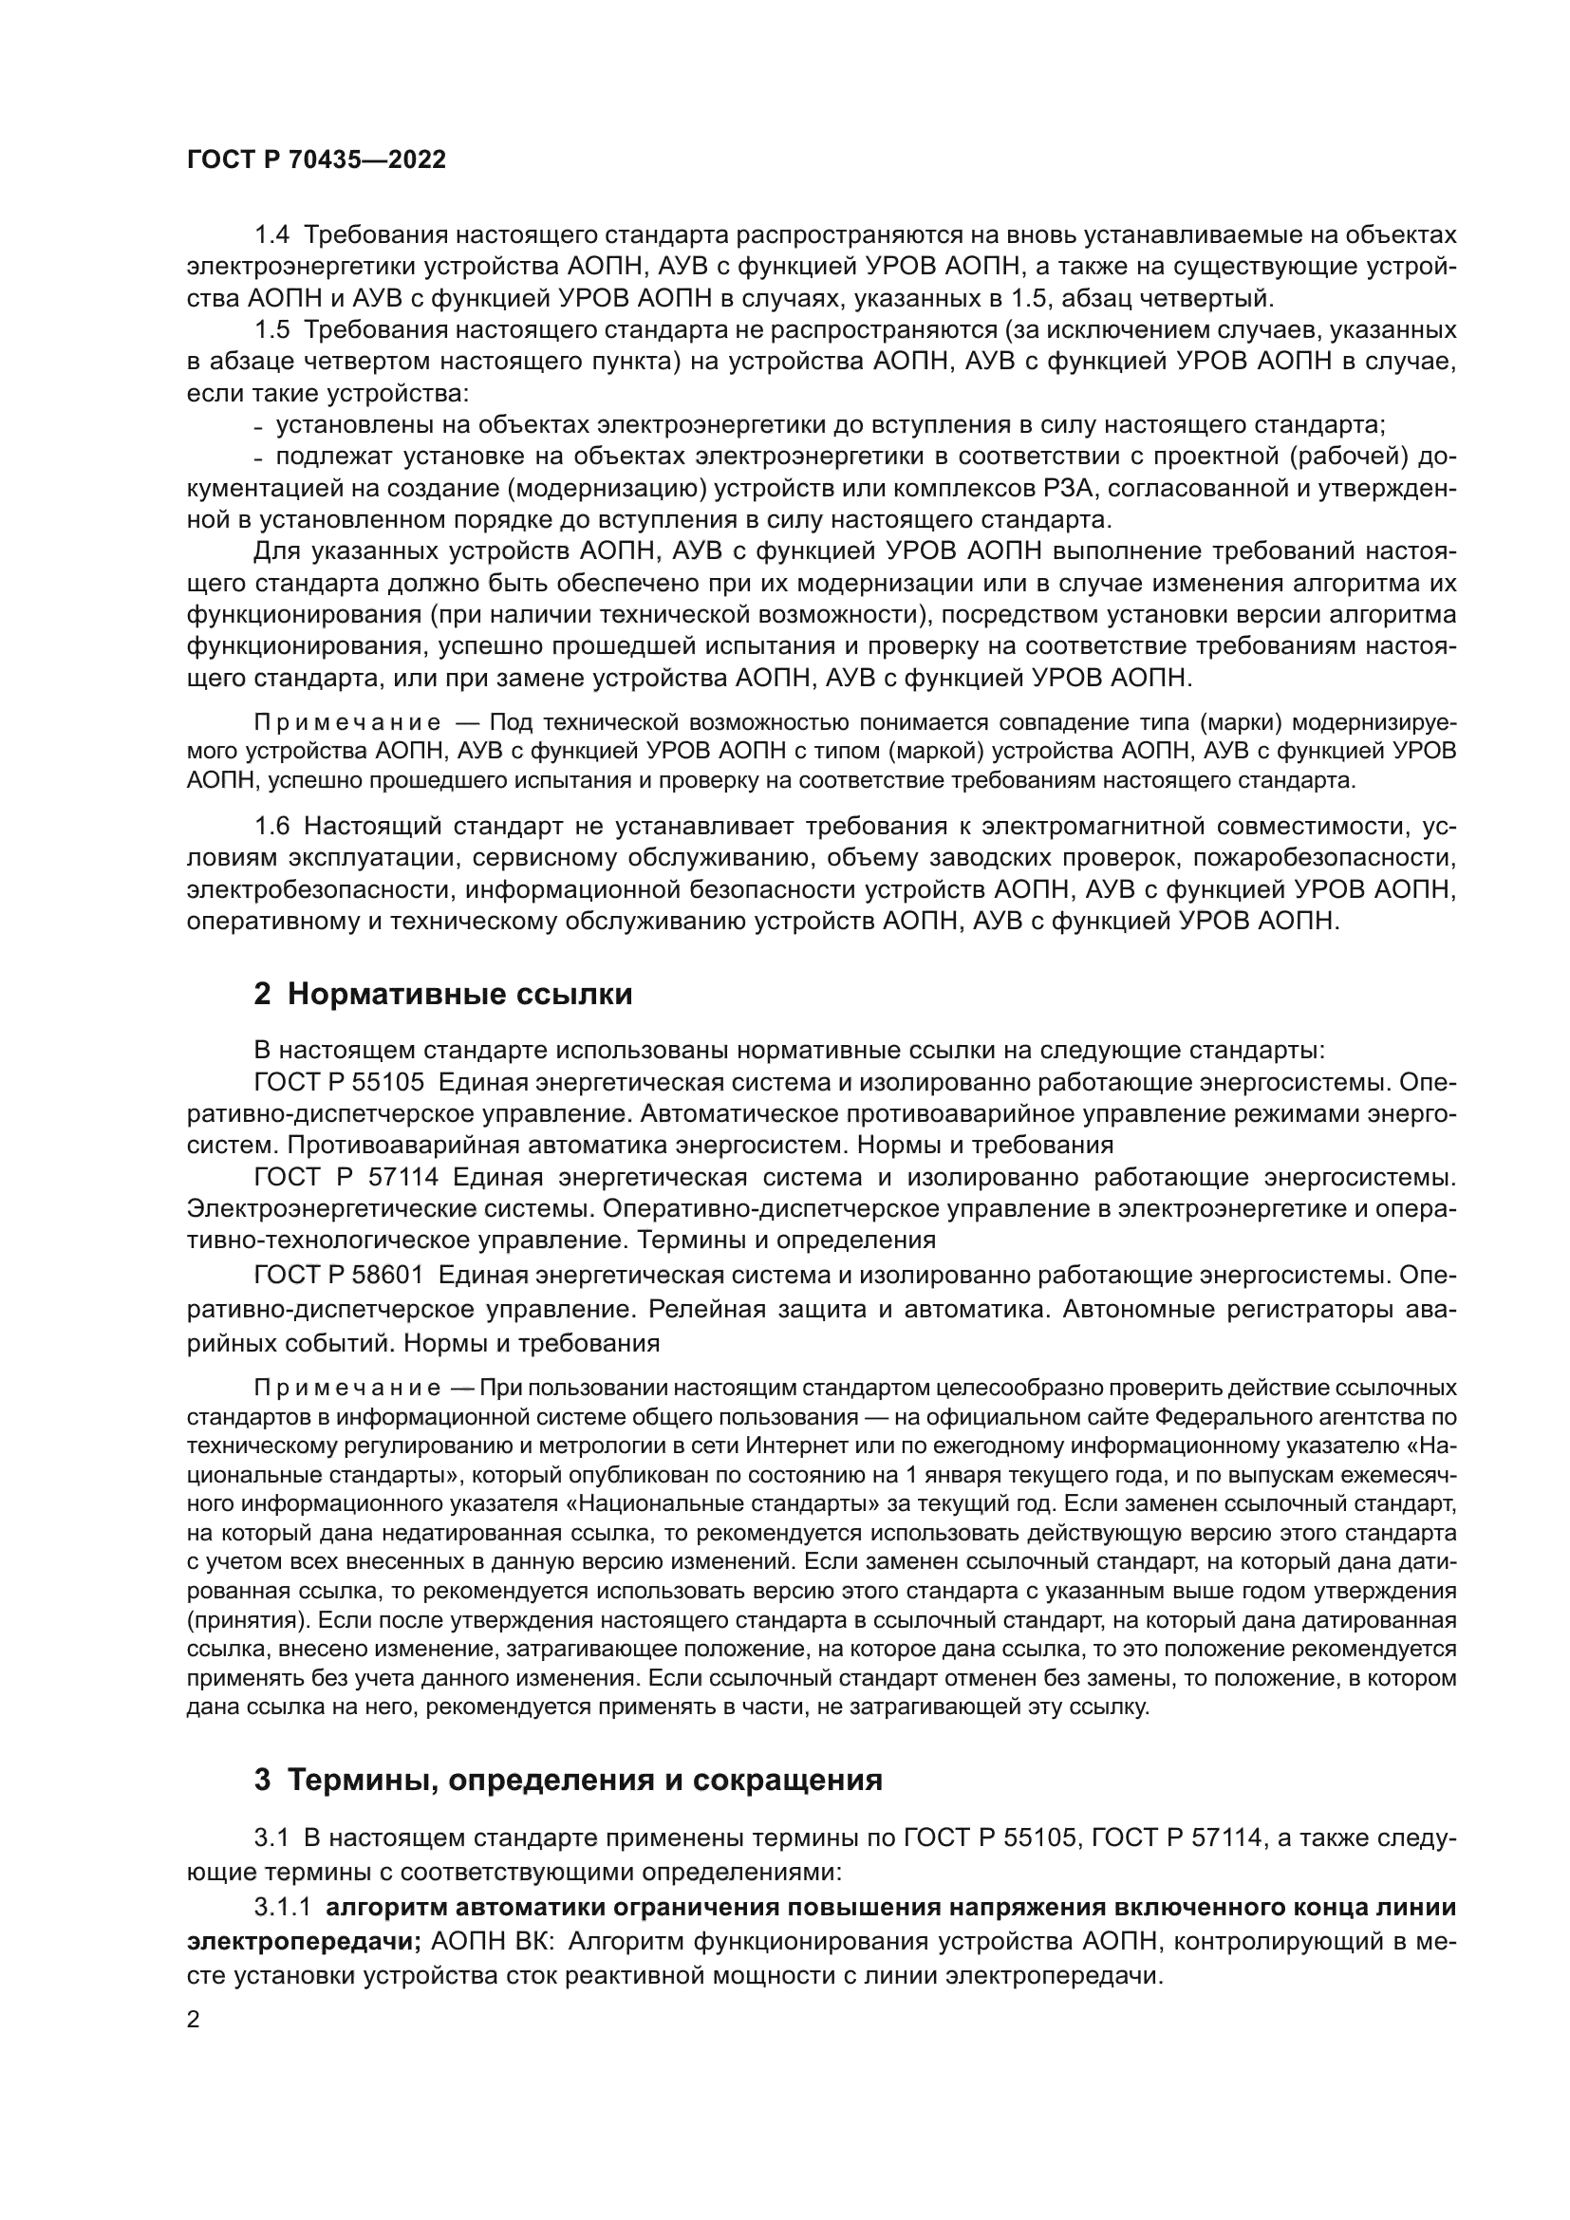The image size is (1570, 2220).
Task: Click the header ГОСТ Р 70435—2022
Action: (x=316, y=160)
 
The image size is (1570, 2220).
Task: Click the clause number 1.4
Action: (x=271, y=235)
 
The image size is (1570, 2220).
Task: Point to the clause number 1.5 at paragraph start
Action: (x=271, y=329)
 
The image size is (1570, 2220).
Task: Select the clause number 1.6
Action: (x=271, y=826)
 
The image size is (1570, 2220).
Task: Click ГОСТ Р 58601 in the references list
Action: (x=338, y=1276)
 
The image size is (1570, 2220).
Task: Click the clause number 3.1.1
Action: (x=282, y=1907)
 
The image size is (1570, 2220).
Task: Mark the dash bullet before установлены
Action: (x=257, y=426)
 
